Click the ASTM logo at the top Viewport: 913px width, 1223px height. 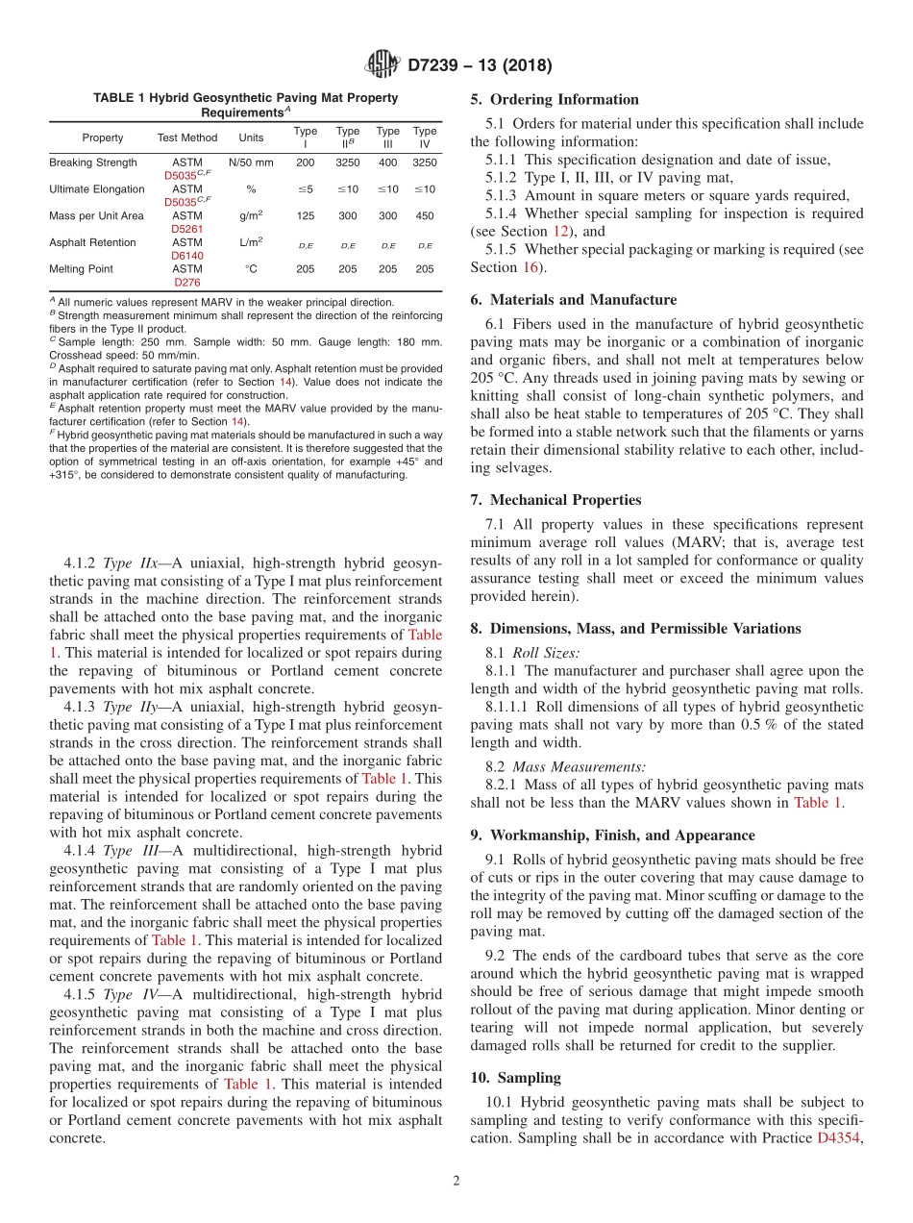coord(382,65)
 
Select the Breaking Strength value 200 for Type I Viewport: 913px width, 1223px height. coord(305,162)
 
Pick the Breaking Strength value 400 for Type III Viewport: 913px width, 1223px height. coord(387,162)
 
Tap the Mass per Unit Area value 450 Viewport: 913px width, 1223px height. coord(424,216)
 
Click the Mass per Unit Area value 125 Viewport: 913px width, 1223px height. coord(305,216)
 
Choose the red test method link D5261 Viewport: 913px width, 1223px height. coord(187,230)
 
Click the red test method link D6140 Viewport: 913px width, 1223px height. coord(187,256)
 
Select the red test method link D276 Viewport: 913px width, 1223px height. coord(187,283)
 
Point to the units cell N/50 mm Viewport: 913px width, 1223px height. coord(251,162)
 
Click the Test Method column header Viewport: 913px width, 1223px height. coord(187,137)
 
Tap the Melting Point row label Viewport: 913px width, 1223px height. coord(81,269)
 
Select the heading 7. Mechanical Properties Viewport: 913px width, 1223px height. coord(555,499)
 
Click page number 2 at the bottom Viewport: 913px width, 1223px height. coord(456,1181)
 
